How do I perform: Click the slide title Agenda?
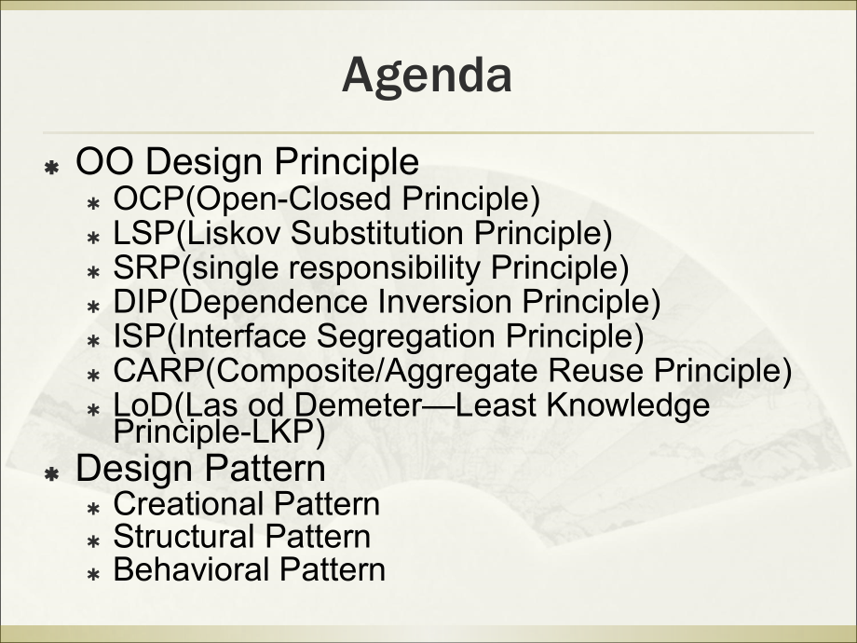(427, 76)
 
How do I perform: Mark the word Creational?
(188, 504)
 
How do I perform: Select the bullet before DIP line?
(93, 305)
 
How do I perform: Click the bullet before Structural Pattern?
(93, 540)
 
